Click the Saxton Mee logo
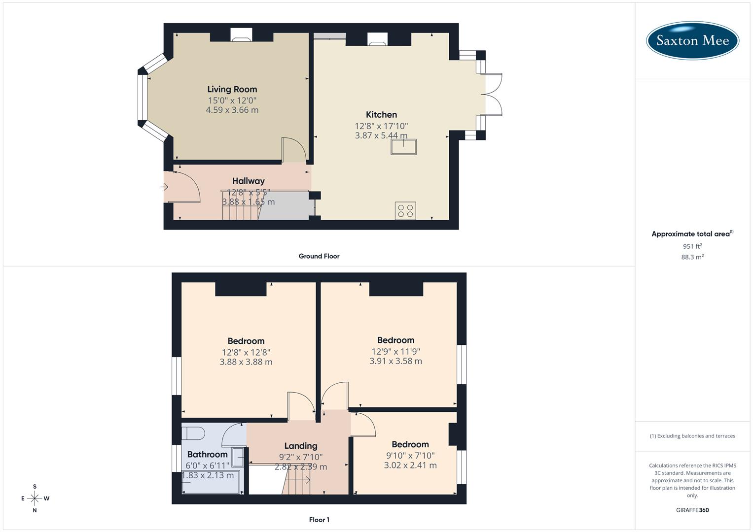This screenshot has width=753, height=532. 692,40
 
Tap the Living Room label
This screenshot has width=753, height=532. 232,89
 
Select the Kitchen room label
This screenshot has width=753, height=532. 381,114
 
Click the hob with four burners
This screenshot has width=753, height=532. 405,211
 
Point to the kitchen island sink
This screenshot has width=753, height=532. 403,147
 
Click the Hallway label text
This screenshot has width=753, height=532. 249,181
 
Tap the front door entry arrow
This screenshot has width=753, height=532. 165,187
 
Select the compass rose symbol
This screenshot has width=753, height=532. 35,498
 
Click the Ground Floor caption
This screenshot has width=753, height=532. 319,256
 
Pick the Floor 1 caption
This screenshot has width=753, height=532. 319,520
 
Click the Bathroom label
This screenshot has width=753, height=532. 207,454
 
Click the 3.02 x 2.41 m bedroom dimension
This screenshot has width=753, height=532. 410,465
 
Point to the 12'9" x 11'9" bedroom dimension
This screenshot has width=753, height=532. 395,351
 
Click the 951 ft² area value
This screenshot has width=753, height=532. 692,246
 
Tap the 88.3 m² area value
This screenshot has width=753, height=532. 692,257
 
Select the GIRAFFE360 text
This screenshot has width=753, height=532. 692,510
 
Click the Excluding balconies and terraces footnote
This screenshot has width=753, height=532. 692,436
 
